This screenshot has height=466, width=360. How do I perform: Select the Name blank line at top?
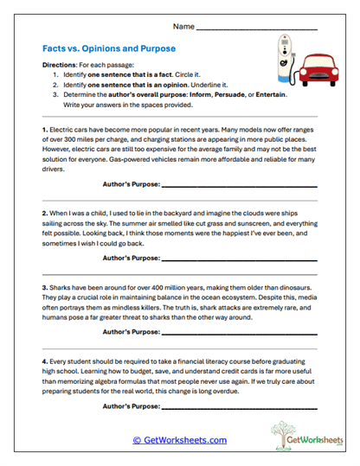coord(256,27)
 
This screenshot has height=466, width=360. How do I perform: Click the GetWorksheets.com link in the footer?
coord(179,440)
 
